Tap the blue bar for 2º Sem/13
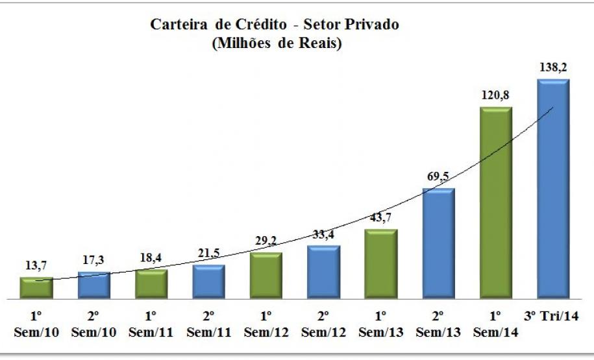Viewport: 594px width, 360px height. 438,244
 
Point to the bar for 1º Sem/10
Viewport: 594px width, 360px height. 36,289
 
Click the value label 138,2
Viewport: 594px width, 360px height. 553,67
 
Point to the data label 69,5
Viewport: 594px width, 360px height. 438,176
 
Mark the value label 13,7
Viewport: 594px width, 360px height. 36,265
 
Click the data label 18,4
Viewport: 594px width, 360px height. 151,258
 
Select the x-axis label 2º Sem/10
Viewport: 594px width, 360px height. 93,324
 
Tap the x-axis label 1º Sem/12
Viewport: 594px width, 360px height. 266,324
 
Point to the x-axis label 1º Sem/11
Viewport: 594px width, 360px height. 151,324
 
